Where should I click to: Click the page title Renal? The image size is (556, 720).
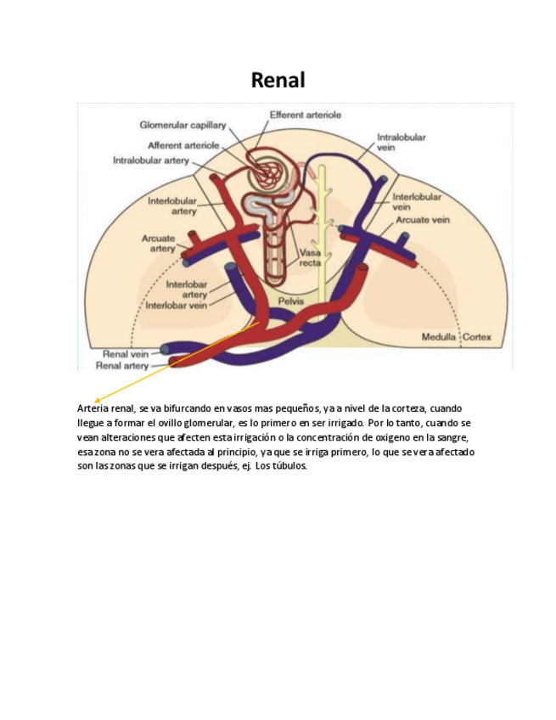278,80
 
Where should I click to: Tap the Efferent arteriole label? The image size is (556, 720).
306,115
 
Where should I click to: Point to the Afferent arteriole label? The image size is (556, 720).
183,146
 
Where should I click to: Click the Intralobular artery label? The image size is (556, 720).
151,160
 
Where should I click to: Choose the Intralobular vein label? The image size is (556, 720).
401,142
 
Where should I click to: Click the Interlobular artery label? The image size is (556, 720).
172,205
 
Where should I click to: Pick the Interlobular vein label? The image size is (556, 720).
416,201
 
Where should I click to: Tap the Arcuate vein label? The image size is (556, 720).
422,220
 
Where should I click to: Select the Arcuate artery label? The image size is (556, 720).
159,244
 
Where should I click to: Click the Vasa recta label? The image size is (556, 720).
310,257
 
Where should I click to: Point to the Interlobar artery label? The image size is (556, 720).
187,290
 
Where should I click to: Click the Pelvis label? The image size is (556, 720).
291,301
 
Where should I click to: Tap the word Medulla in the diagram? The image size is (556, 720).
439,337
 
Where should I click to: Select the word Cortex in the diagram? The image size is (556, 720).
477,337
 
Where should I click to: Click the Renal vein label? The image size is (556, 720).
126,353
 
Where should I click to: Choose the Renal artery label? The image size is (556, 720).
122,366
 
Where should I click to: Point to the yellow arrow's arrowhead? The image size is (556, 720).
98,400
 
